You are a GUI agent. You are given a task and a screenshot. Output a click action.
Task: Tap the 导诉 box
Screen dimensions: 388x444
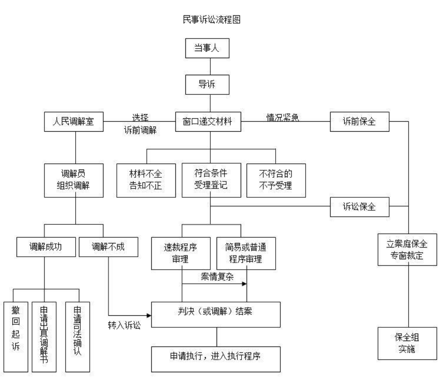tap(210, 86)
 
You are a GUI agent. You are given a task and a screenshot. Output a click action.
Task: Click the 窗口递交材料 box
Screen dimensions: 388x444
tap(210, 123)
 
